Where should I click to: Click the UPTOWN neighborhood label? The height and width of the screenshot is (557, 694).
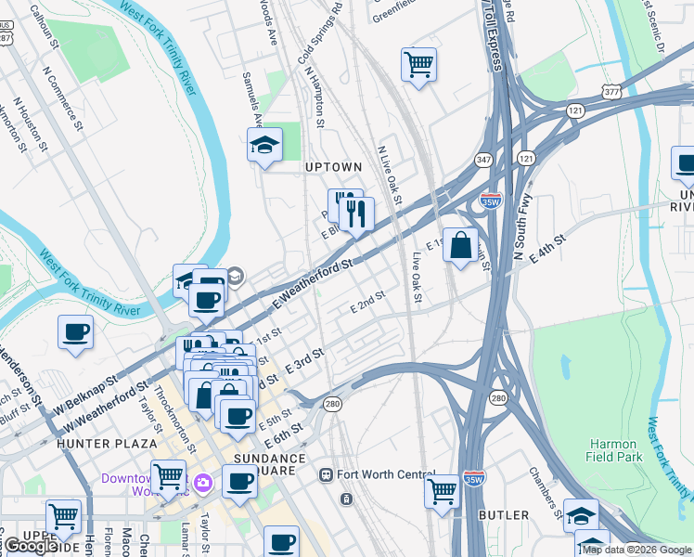point(333,167)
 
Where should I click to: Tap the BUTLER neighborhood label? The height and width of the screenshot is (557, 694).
point(504,514)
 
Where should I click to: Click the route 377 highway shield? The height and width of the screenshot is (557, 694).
point(610,91)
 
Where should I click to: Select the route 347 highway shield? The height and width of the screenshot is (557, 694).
point(483,159)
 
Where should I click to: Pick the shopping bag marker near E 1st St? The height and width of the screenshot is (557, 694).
point(460,246)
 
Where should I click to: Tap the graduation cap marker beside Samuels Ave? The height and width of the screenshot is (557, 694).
point(264,146)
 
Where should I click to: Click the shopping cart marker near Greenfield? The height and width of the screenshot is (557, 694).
point(418,64)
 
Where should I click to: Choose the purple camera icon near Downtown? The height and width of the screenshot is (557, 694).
point(203,482)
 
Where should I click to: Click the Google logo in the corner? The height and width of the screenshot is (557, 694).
point(30,546)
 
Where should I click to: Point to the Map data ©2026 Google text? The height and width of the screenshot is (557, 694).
point(636,550)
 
